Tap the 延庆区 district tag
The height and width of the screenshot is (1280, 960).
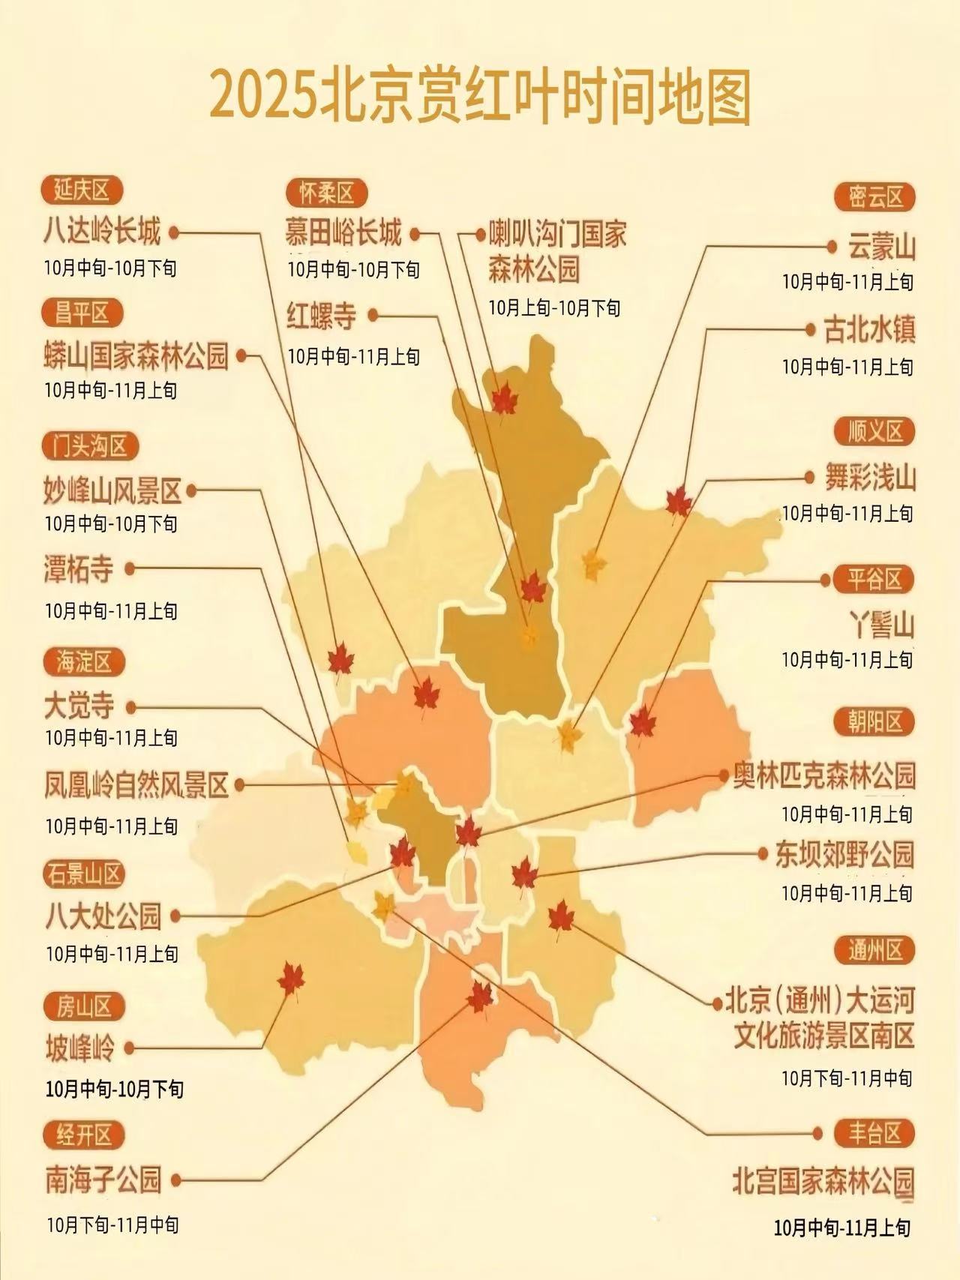[81, 190]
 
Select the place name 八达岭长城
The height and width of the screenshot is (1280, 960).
[102, 232]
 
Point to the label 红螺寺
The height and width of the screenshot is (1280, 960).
[322, 316]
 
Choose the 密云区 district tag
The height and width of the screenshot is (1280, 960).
[875, 198]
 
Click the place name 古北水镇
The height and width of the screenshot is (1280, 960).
[870, 330]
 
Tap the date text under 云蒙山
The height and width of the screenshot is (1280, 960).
[847, 283]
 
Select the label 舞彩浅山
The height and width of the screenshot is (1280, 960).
[870, 478]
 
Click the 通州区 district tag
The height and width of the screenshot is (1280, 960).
[874, 951]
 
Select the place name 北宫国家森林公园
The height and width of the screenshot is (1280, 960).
[823, 1182]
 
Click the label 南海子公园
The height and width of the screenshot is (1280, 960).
[103, 1180]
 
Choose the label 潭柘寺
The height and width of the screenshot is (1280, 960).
[79, 570]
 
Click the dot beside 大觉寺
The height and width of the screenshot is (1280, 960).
[131, 706]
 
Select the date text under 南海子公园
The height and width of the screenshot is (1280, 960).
[112, 1225]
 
